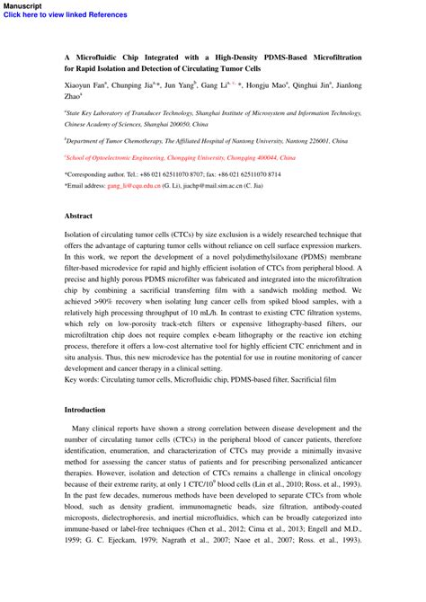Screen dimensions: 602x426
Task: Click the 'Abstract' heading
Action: (x=78, y=216)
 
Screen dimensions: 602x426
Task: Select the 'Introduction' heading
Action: (x=85, y=409)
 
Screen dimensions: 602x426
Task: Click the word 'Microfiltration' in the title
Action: (x=329, y=57)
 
